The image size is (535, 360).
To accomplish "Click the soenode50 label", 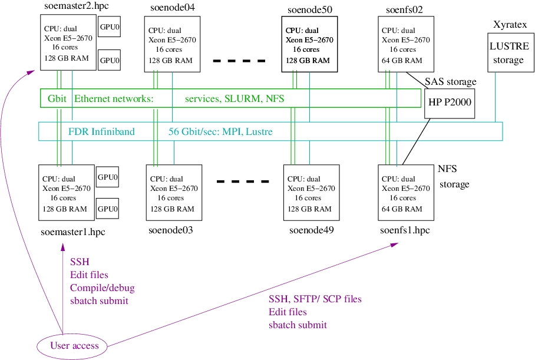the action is (309, 10).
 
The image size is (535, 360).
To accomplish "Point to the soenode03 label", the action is (171, 230).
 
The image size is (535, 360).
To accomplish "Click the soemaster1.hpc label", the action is (72, 232).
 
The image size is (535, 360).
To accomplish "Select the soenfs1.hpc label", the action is (405, 230).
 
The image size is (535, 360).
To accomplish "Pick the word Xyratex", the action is (510, 25).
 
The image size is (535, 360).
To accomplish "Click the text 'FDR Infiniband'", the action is (101, 132).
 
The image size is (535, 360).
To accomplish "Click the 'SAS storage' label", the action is (450, 82).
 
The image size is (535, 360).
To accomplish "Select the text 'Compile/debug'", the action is (103, 288).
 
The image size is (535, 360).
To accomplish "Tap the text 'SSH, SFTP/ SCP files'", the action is (315, 299).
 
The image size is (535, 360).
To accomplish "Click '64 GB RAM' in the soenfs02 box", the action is (402, 61).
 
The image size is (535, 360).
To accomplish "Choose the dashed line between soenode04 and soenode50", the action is (239, 61).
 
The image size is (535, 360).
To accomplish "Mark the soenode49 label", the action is (312, 230).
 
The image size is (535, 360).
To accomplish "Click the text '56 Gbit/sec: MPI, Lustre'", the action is (220, 132).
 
